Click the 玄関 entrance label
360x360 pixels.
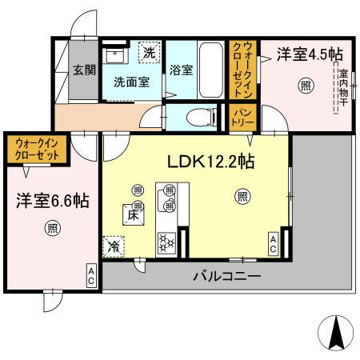pyautogui.click(x=80, y=70)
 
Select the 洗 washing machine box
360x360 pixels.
pyautogui.click(x=149, y=54)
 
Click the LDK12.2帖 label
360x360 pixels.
pyautogui.click(x=210, y=161)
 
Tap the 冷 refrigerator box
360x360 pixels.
pyautogui.click(x=114, y=246)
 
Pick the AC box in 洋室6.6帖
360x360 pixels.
pyautogui.click(x=91, y=277)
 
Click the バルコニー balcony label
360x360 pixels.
pyautogui.click(x=226, y=277)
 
